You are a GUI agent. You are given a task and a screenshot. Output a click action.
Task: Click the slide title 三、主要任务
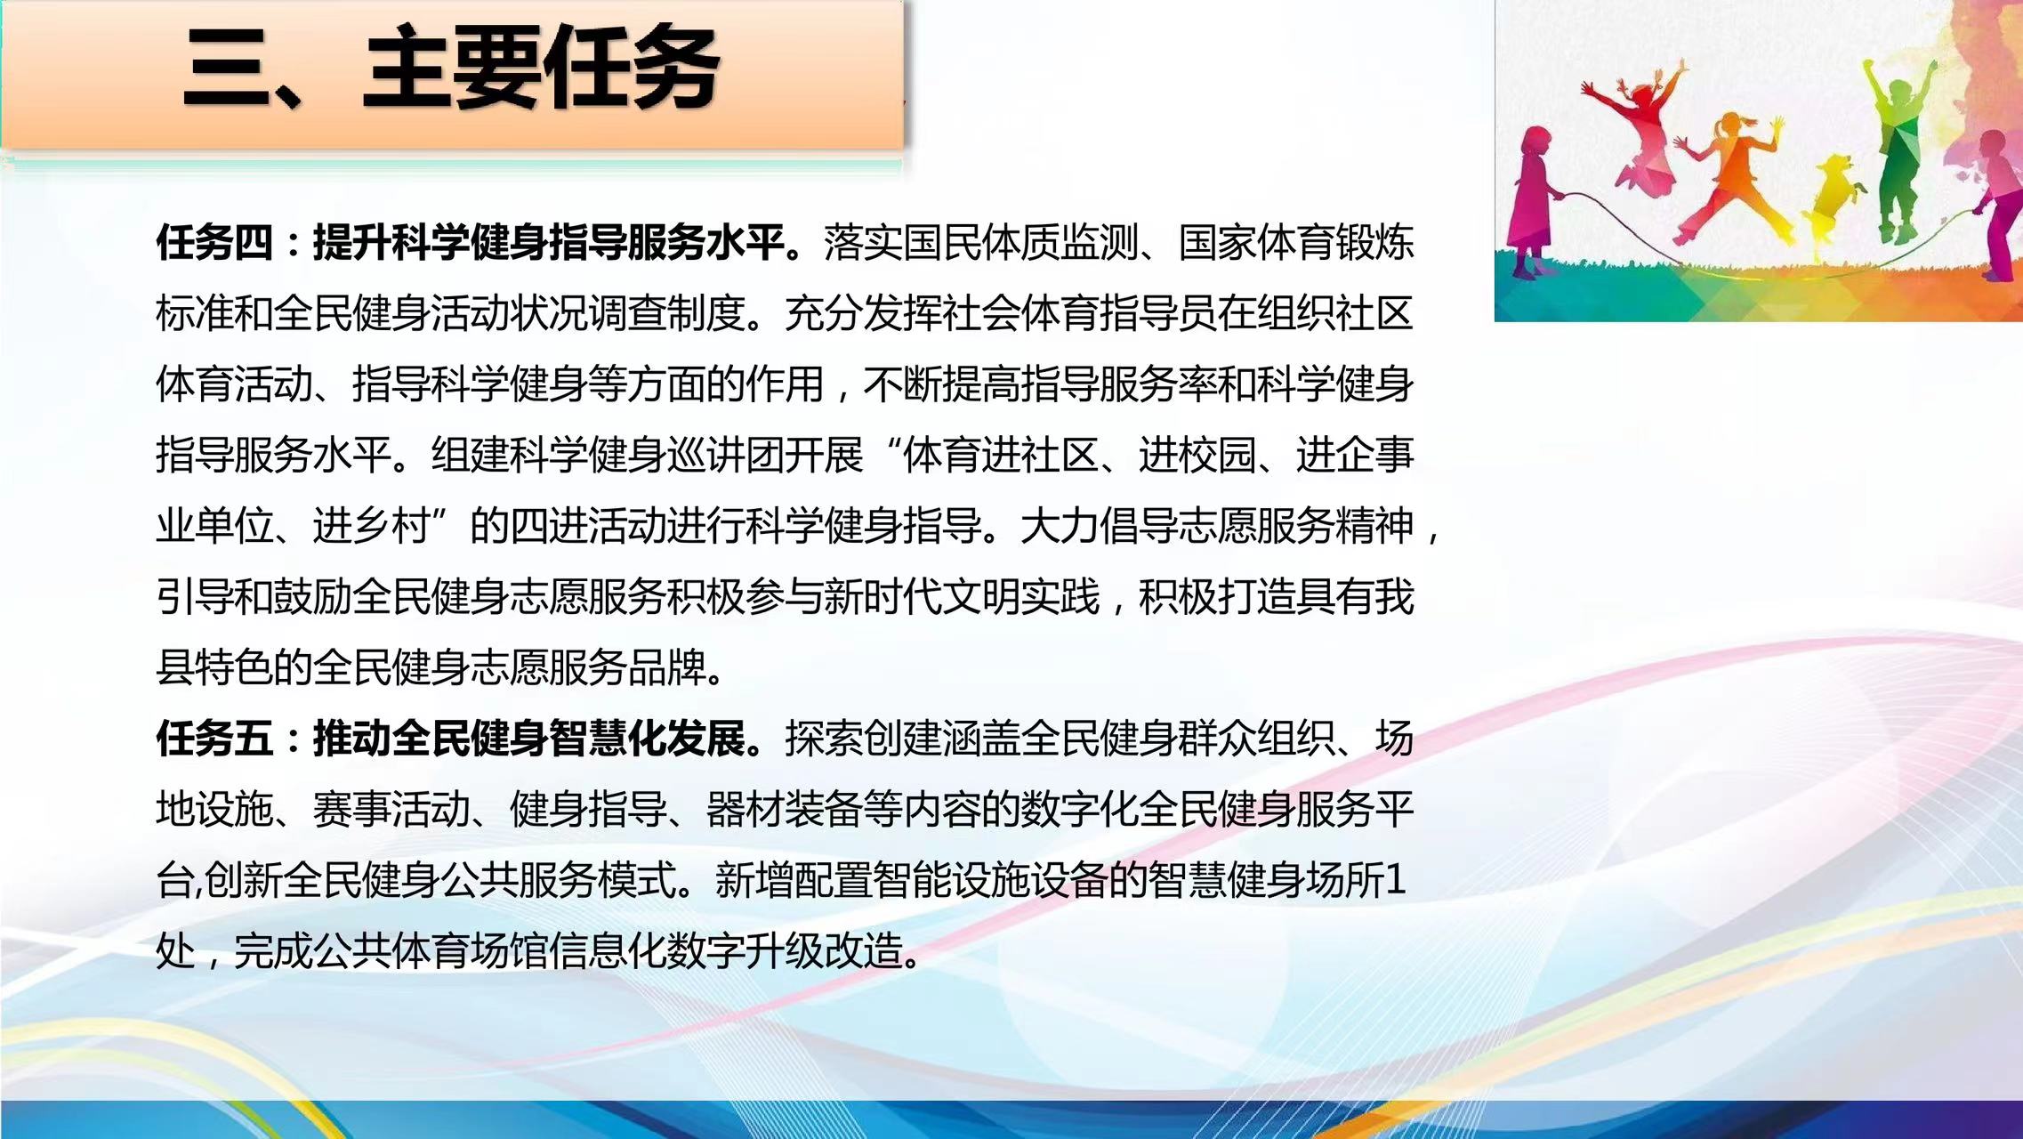[451, 68]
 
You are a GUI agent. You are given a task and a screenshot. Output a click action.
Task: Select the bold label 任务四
[214, 242]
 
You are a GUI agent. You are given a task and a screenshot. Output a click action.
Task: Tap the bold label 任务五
[214, 738]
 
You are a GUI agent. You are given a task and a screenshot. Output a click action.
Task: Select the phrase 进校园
[1197, 455]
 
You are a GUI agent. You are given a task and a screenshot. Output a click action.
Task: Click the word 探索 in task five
[823, 738]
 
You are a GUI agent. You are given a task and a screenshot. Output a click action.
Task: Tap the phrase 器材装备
[784, 809]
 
